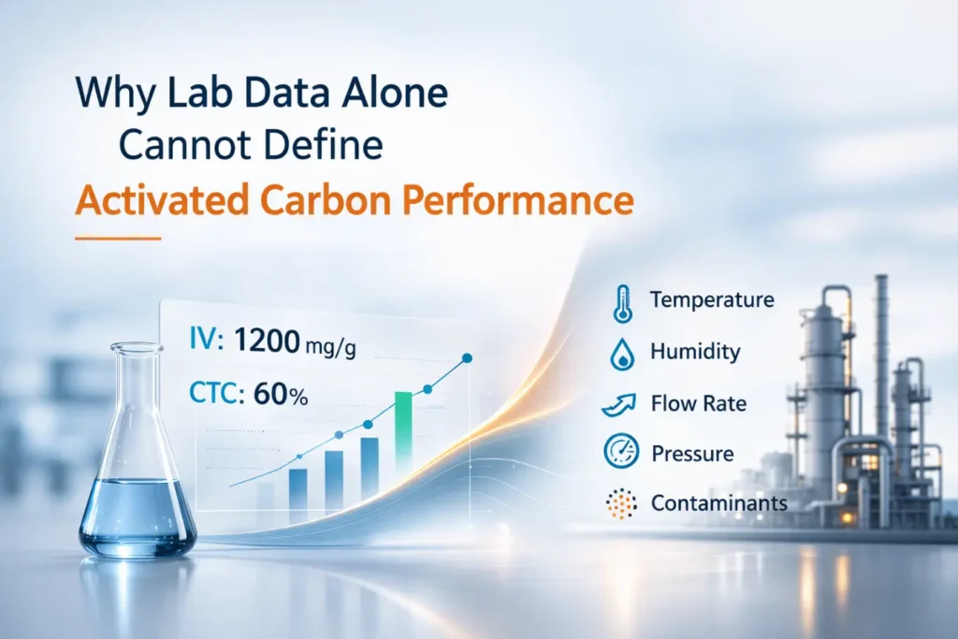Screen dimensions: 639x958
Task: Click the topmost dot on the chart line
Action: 467,357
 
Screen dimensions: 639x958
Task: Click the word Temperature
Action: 712,300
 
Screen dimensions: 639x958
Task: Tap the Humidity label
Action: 695,352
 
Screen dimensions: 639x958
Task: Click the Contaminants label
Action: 718,504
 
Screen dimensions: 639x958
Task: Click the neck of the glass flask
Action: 137,393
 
